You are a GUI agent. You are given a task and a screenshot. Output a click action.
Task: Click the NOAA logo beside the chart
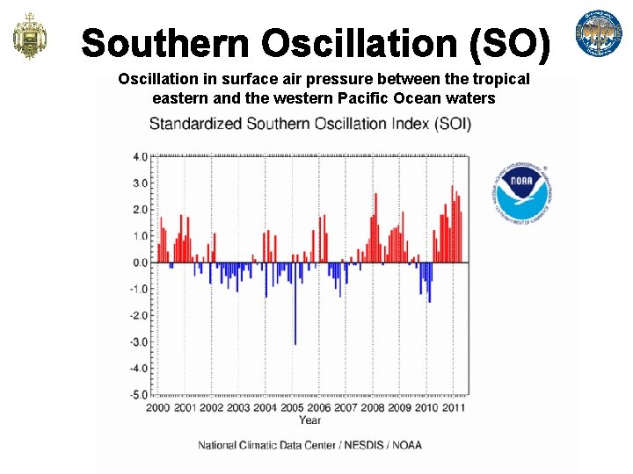[x=523, y=192]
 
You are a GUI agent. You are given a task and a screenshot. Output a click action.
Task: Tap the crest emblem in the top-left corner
[x=29, y=37]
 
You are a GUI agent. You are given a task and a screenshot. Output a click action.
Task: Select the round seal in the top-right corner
[x=598, y=34]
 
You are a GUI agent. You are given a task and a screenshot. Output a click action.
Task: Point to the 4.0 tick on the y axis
[x=140, y=157]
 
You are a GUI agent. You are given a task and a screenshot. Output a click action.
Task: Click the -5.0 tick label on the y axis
[x=138, y=395]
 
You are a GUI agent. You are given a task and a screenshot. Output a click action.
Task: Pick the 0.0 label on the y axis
[x=140, y=262]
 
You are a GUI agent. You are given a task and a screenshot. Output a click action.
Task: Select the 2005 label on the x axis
[x=292, y=408]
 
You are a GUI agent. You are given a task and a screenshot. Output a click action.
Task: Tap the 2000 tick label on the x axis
[x=158, y=408]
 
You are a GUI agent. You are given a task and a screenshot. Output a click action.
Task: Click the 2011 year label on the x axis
[x=454, y=408]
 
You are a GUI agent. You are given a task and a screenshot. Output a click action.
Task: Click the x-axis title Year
[x=309, y=420]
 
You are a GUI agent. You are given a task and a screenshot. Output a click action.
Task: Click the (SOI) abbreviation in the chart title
[x=452, y=124]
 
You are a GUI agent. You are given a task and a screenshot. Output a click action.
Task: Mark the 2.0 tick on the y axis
[x=140, y=210]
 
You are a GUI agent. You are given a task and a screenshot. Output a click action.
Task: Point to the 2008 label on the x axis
[x=373, y=408]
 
